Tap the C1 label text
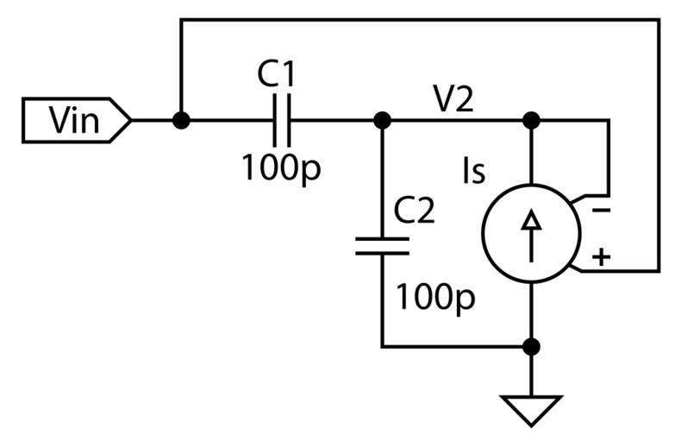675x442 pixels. pyautogui.click(x=277, y=74)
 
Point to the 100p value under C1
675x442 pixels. pyautogui.click(x=280, y=167)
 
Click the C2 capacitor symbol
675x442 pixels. pyautogui.click(x=382, y=247)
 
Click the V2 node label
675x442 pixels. pyautogui.click(x=452, y=100)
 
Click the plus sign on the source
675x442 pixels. pyautogui.click(x=602, y=257)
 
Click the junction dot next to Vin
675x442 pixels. pyautogui.click(x=181, y=120)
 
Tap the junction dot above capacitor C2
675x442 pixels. pyautogui.click(x=382, y=120)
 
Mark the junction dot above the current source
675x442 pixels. pyautogui.click(x=532, y=120)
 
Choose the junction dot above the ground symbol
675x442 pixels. pyautogui.click(x=532, y=347)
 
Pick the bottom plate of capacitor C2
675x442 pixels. pyautogui.click(x=382, y=254)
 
